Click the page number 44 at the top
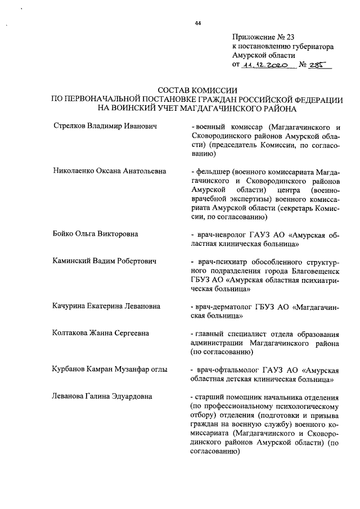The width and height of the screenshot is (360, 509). pyautogui.click(x=197, y=23)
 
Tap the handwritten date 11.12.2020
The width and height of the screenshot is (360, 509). pyautogui.click(x=264, y=65)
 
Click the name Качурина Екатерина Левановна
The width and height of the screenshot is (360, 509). pyautogui.click(x=107, y=306)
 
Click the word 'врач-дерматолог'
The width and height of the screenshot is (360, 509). pyautogui.click(x=224, y=306)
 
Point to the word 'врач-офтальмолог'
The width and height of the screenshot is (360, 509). pyautogui.click(x=226, y=370)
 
